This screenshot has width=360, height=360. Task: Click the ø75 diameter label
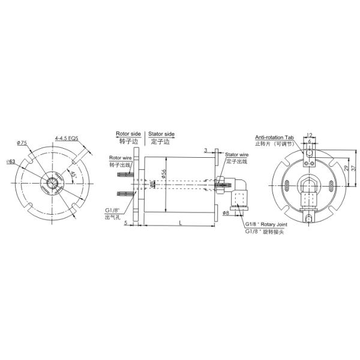point(22,143)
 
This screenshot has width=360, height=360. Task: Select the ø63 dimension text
point(10,161)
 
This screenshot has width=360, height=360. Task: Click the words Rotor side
point(128,134)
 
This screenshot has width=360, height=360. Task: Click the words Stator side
point(161,134)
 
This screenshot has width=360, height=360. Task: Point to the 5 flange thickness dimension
point(127,223)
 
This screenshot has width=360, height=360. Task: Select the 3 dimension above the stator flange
point(205,149)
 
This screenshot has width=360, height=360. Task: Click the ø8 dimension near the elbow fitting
point(226,212)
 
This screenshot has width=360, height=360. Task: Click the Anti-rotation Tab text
point(274,137)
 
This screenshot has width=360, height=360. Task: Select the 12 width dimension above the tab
point(310,135)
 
